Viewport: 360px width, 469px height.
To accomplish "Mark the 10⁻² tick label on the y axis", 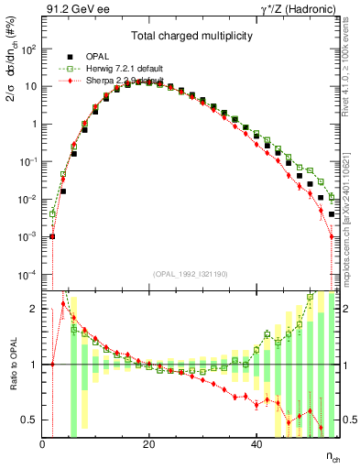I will click(x=28, y=200).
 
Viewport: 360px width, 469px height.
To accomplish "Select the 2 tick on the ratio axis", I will click(x=34, y=309).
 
